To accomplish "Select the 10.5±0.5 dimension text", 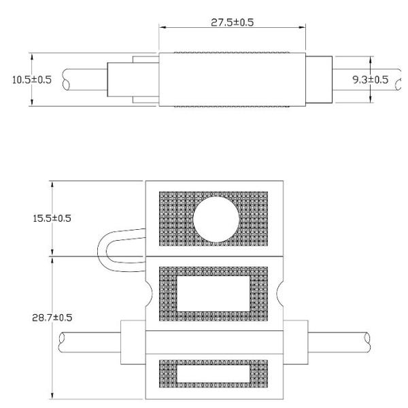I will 31,80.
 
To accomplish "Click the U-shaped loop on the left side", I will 113,252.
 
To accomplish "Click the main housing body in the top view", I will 231,80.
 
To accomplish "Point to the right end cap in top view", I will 318,80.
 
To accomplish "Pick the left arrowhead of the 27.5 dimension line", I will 162,28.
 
